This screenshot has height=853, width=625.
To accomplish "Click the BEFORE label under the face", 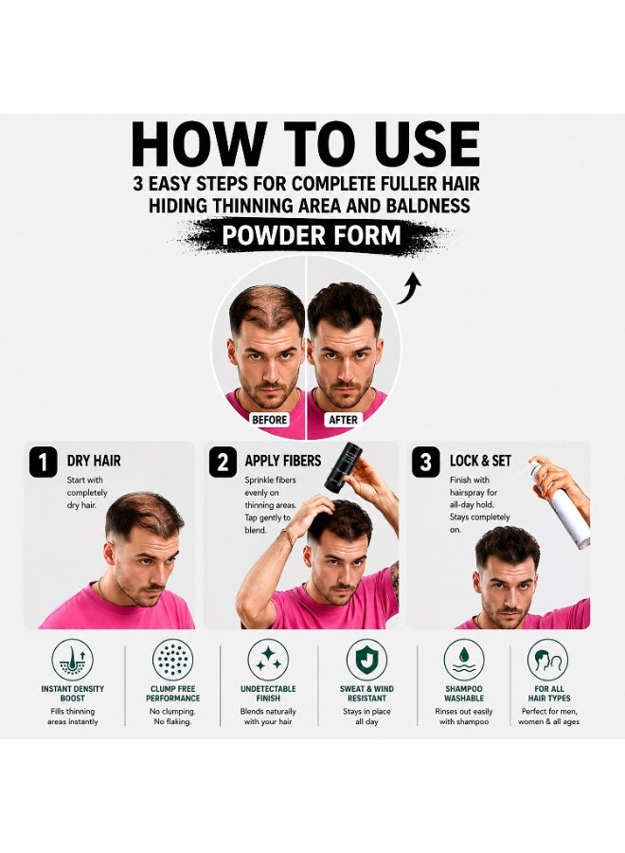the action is click(270, 420).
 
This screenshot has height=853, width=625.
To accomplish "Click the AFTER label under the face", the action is click(343, 420).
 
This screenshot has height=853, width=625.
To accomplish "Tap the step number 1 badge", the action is click(43, 462).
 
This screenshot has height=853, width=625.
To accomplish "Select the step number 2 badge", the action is click(223, 462).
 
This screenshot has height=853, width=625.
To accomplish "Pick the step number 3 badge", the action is click(425, 462).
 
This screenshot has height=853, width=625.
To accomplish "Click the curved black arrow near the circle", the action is click(409, 288).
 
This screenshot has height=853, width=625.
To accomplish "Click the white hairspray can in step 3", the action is click(561, 506).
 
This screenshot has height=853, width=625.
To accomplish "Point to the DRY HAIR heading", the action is click(94, 461).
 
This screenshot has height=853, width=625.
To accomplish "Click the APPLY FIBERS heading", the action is click(282, 461).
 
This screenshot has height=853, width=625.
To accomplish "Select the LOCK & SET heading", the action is click(480, 461).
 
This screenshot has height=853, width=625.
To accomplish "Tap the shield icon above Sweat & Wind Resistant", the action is click(366, 660).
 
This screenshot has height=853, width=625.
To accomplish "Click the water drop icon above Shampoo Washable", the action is click(464, 660).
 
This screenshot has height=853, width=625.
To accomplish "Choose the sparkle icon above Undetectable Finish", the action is click(268, 660).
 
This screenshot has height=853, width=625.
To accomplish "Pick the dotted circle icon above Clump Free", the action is click(173, 660).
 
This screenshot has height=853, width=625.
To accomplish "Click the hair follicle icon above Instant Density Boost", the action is click(72, 660).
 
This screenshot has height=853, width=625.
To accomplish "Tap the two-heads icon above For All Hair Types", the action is click(548, 660).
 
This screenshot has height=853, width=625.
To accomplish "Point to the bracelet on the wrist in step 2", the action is click(288, 537).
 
